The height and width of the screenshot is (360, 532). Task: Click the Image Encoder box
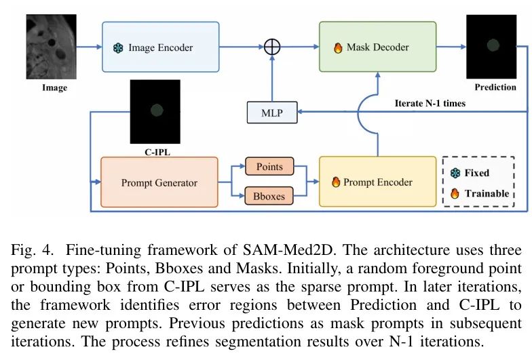click(x=161, y=47)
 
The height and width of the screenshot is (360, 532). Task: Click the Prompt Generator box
click(x=159, y=182)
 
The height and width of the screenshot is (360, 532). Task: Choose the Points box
click(x=269, y=167)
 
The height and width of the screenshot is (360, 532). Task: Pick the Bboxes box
click(x=269, y=196)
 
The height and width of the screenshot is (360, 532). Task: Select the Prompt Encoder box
click(x=377, y=182)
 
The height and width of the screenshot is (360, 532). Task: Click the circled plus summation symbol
click(x=272, y=47)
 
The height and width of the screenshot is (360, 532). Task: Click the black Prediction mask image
click(x=491, y=46)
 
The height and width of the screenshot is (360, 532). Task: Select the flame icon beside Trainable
click(x=455, y=193)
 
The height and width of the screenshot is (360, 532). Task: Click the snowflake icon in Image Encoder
click(x=118, y=48)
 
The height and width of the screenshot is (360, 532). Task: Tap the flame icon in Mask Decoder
click(x=337, y=48)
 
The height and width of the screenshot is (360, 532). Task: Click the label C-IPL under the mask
click(x=156, y=152)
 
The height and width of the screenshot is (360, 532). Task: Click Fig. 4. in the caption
click(x=29, y=249)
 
